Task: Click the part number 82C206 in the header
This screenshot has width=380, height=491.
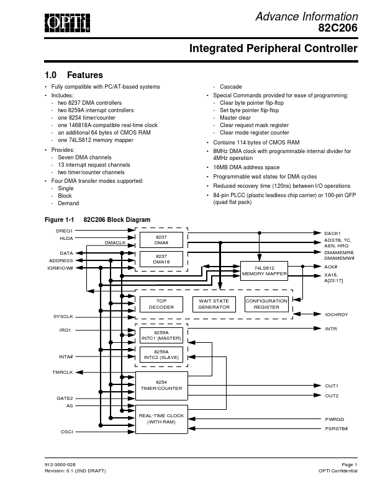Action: (x=338, y=28)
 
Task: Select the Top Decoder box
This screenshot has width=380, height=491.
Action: (x=161, y=304)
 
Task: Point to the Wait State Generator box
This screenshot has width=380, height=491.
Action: (x=214, y=304)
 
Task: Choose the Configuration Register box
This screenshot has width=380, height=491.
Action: (x=266, y=304)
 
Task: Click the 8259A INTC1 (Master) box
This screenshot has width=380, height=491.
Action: (x=161, y=335)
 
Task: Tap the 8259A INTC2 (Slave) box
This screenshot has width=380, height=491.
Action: (x=161, y=355)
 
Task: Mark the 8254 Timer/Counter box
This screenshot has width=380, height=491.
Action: (x=161, y=386)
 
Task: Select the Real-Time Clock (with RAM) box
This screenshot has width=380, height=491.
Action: (x=161, y=418)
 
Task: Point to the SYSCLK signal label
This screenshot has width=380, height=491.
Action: (x=64, y=316)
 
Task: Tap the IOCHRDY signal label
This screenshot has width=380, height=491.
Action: (x=337, y=314)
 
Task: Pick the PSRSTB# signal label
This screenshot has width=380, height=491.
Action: (x=336, y=428)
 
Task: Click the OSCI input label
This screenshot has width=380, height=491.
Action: (x=67, y=431)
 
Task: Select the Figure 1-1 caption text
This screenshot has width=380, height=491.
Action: (x=98, y=219)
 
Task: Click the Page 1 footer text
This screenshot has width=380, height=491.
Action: (x=349, y=464)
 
